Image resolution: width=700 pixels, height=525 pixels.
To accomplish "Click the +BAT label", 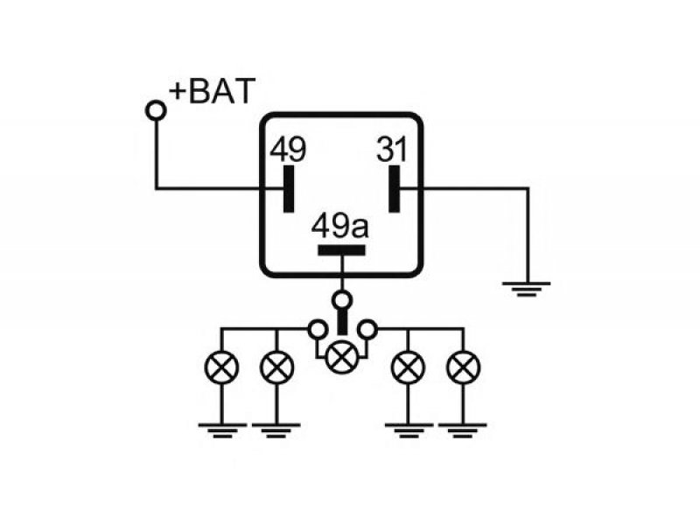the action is pos(212,91).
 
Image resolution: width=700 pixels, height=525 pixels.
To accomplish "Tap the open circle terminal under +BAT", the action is pos(156,110).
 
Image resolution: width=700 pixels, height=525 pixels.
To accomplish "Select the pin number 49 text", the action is pos(288,149).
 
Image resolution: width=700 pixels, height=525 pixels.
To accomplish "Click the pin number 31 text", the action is pos(391,149).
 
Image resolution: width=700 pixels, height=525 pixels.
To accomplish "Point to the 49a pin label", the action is pos(340,226).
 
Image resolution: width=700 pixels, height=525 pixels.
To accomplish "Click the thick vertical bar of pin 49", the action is pos(289,189).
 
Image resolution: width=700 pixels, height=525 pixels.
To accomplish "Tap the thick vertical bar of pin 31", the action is pos(395,189).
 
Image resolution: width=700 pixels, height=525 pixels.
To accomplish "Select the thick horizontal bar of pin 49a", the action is pos(341,250).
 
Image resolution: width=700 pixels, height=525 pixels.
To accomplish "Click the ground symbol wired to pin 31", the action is pos(527,289).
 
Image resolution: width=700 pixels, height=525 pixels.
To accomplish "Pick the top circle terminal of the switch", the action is pos(342,300).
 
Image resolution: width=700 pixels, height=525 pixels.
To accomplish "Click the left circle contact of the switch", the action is pos(318,330).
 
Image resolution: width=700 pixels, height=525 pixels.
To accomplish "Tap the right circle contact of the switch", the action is pos(367,330).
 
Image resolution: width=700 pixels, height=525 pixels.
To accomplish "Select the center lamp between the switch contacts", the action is pos(342,357).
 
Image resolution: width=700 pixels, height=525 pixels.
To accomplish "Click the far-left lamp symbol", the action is pos(221,367).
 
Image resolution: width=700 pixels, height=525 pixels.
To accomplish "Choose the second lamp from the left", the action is pos(276,367).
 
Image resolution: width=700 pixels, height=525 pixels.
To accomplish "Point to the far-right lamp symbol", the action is pos(464,367).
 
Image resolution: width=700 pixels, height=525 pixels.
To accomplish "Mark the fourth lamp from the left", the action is pos(408,367).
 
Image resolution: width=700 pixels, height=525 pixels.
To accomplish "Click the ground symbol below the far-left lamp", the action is pos(222,430).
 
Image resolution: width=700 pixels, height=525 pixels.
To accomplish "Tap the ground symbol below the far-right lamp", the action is pos(463,430).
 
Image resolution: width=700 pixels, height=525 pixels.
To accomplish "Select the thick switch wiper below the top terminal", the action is pos(342,321).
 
